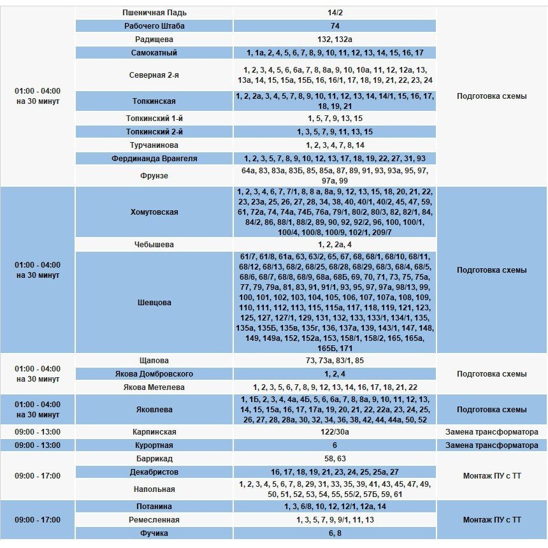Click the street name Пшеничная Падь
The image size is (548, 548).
click(x=154, y=13)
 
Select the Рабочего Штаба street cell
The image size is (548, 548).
click(x=154, y=26)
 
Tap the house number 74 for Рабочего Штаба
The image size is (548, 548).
click(x=335, y=26)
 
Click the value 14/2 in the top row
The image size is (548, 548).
click(x=335, y=13)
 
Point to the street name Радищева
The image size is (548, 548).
click(x=154, y=40)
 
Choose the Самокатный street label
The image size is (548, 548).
click(x=154, y=53)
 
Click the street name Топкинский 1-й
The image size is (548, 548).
click(x=154, y=119)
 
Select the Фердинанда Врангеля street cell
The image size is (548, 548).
click(x=154, y=159)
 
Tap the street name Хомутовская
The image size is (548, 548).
click(x=154, y=212)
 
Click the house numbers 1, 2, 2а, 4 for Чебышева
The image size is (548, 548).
click(x=335, y=245)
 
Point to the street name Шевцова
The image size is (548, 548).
click(x=154, y=303)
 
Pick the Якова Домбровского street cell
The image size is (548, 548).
click(x=154, y=374)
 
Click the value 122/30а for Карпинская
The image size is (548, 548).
click(x=335, y=432)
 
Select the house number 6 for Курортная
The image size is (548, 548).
click(x=335, y=445)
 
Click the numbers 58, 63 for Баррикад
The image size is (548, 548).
click(x=335, y=459)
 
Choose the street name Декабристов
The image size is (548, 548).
click(x=154, y=472)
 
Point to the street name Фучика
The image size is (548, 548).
click(x=154, y=533)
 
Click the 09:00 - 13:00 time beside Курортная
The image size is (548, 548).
click(x=38, y=445)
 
